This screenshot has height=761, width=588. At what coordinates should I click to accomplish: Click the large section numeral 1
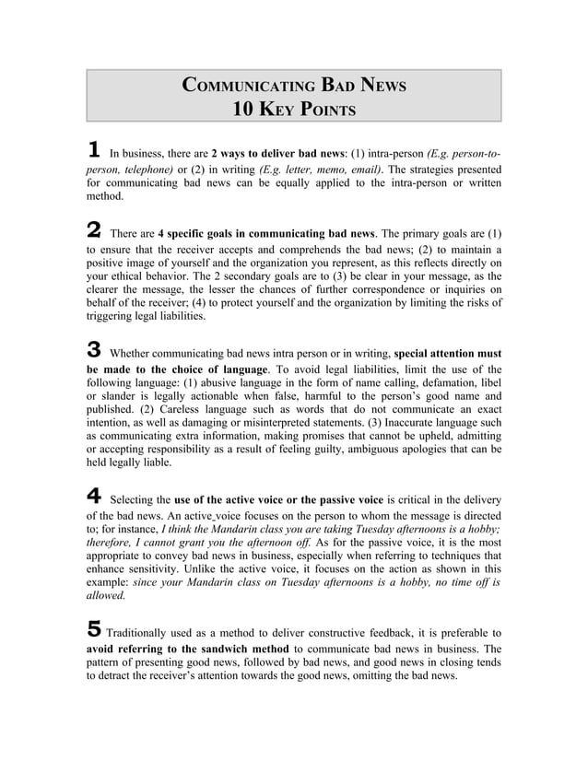[x=92, y=150]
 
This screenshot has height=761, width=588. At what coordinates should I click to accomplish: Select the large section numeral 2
[x=93, y=229]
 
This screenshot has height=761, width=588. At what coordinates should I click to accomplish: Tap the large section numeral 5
[x=93, y=630]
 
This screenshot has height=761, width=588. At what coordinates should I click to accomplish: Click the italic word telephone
[x=147, y=170]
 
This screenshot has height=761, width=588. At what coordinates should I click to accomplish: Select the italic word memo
[x=312, y=170]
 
